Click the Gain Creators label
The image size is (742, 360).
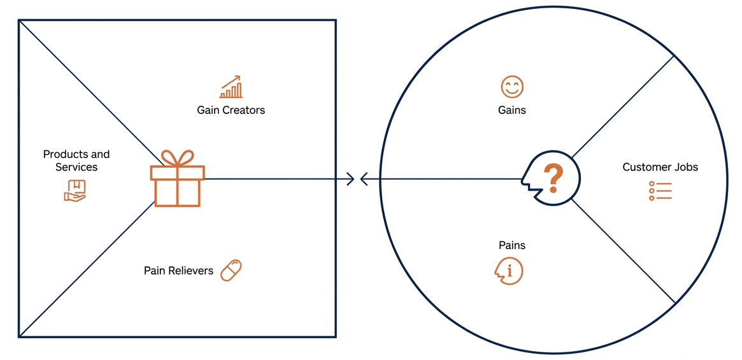coord(231,110)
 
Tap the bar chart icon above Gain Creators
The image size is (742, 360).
coord(231,87)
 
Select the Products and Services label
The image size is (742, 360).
coord(76,161)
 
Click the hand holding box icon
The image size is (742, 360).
coord(75,191)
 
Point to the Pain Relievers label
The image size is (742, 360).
coord(178,270)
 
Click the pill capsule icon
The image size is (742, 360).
coord(231,270)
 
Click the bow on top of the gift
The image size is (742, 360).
coord(178,158)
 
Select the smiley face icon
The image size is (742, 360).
coord(512,87)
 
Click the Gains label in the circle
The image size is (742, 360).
coord(512,110)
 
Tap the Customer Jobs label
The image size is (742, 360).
coord(660,167)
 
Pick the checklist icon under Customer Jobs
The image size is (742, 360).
coord(660,191)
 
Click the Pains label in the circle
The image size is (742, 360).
coord(512,245)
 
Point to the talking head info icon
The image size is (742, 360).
coord(509,271)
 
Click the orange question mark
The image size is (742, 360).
coord(553,178)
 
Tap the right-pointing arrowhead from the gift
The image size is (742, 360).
coord(351,179)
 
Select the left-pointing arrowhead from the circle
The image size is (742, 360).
coord(364,179)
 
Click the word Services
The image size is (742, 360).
coord(76,167)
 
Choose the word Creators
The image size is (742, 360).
coord(245,110)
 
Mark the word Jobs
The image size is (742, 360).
coord(687,167)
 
